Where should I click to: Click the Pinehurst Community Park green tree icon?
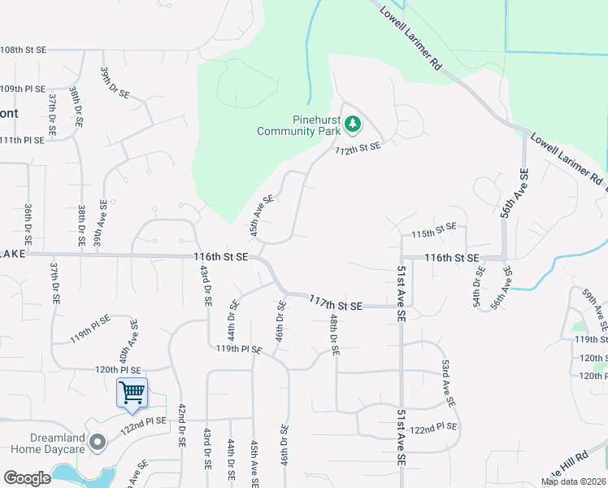click(353, 124)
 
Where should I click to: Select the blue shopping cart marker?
click(132, 393)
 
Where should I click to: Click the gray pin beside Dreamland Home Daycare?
click(98, 442)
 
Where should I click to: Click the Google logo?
click(27, 477)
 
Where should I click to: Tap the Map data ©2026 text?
click(573, 481)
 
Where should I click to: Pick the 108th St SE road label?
click(24, 50)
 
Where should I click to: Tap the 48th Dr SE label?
click(334, 335)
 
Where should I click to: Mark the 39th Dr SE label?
click(114, 83)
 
